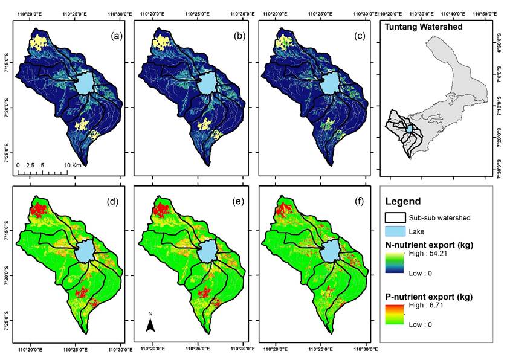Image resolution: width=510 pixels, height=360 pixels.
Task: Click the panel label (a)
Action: coord(117,36)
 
